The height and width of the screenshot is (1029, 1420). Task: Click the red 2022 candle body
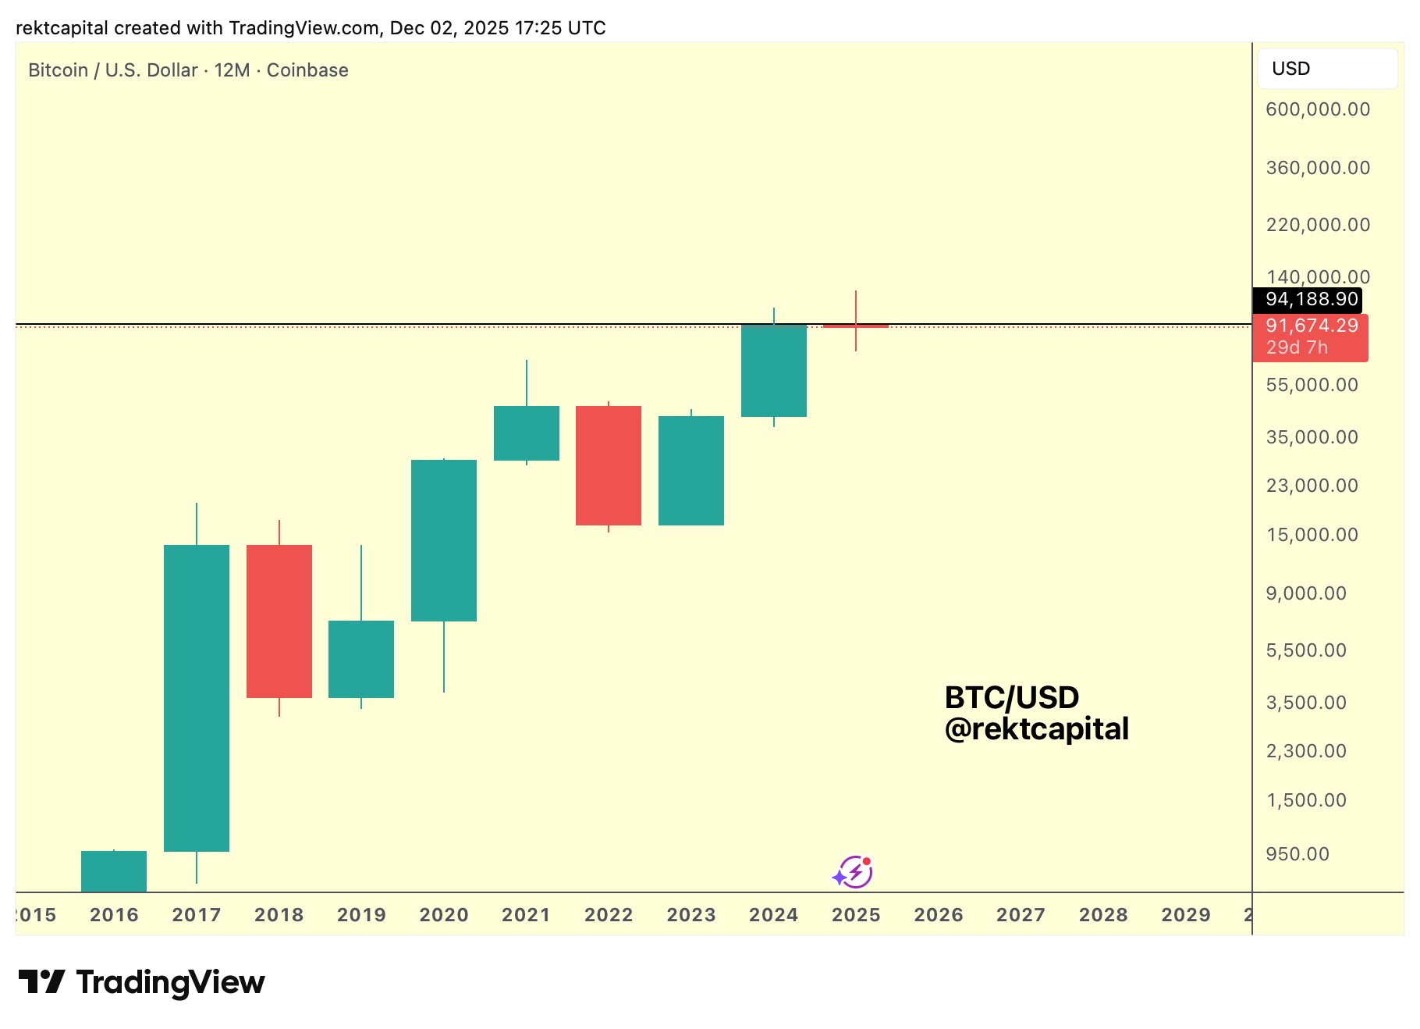pyautogui.click(x=608, y=465)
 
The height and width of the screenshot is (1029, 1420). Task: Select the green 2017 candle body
pyautogui.click(x=196, y=697)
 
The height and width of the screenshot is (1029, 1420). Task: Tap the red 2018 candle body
pyautogui.click(x=279, y=621)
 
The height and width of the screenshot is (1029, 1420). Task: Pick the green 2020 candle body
pyautogui.click(x=443, y=540)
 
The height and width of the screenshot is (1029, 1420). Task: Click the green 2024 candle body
pyautogui.click(x=773, y=370)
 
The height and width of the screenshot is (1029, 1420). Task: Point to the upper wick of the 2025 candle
pyautogui.click(x=855, y=307)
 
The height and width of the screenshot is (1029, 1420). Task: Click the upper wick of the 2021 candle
pyautogui.click(x=526, y=383)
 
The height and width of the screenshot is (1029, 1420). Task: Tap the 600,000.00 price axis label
pyautogui.click(x=1317, y=109)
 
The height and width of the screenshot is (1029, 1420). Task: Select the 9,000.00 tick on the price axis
pyautogui.click(x=1305, y=593)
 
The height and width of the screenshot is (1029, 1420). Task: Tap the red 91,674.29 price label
pyautogui.click(x=1311, y=326)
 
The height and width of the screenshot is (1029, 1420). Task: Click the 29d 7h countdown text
pyautogui.click(x=1296, y=347)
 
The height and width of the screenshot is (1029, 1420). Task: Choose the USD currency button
pyautogui.click(x=1326, y=69)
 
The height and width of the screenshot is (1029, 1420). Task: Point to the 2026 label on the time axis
pyautogui.click(x=938, y=915)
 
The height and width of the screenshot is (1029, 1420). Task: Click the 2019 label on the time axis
pyautogui.click(x=361, y=915)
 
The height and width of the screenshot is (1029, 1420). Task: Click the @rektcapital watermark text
pyautogui.click(x=1036, y=729)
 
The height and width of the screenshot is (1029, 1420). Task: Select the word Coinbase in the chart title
pyautogui.click(x=307, y=70)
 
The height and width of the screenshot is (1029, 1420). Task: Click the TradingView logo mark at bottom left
pyautogui.click(x=42, y=981)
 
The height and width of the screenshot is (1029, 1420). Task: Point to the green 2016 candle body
pyautogui.click(x=113, y=871)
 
